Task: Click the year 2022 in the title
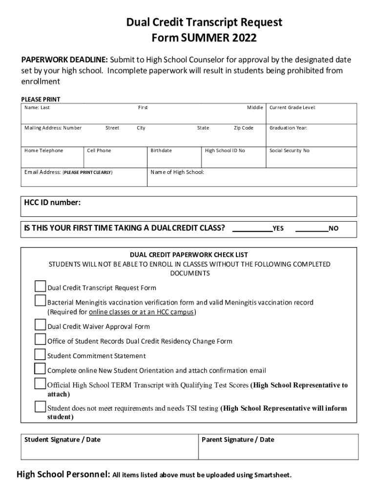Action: pyautogui.click(x=243, y=38)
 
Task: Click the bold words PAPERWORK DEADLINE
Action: pyautogui.click(x=64, y=60)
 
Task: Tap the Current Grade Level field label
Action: pyautogui.click(x=292, y=107)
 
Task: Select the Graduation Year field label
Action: pyautogui.click(x=288, y=128)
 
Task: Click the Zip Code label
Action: pyautogui.click(x=243, y=128)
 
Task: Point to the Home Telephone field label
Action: pyautogui.click(x=44, y=151)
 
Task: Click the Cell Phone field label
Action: pyautogui.click(x=99, y=151)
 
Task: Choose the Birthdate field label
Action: pyautogui.click(x=161, y=151)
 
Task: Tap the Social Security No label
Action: pyautogui.click(x=289, y=151)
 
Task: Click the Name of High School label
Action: pyautogui.click(x=177, y=172)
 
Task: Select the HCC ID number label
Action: pyautogui.click(x=52, y=203)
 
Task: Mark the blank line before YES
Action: pyautogui.click(x=252, y=228)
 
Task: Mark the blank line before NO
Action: pyautogui.click(x=312, y=228)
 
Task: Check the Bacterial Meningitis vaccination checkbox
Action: pyautogui.click(x=40, y=301)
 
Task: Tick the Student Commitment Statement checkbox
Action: pyautogui.click(x=40, y=354)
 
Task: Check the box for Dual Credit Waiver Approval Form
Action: pyautogui.click(x=40, y=325)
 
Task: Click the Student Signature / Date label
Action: pyautogui.click(x=63, y=440)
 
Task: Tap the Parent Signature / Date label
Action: pyautogui.click(x=238, y=440)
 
